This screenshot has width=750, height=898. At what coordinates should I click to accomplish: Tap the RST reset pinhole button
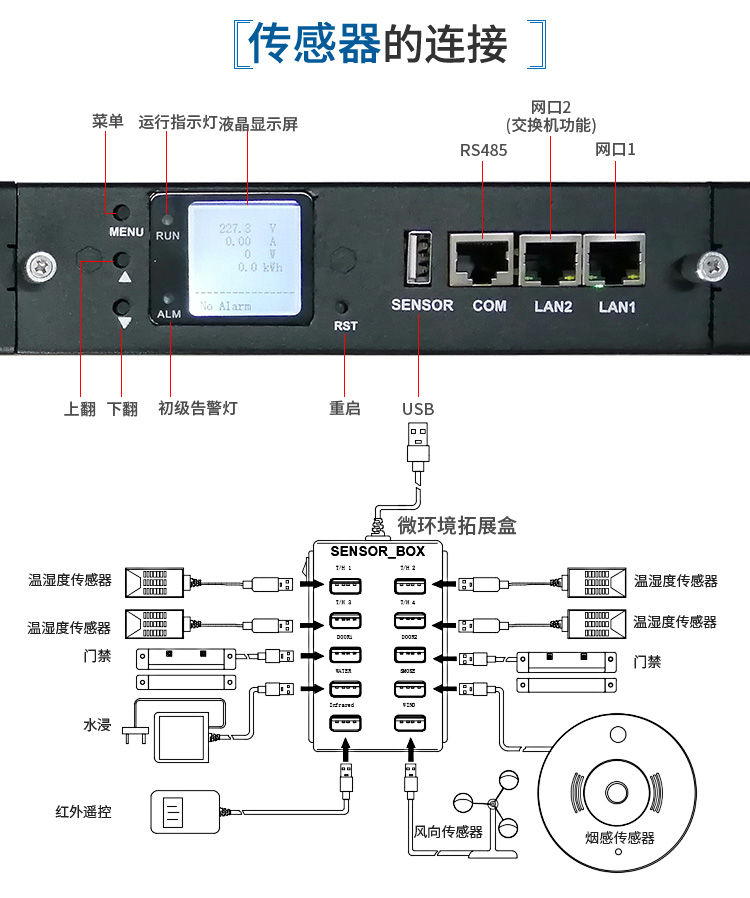[344, 306]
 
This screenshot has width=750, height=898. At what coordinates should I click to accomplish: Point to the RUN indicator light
[167, 217]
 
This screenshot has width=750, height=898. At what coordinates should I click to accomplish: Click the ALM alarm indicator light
[167, 299]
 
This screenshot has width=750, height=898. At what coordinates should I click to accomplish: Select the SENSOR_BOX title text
[377, 551]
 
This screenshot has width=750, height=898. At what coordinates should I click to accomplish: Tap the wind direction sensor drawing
[490, 807]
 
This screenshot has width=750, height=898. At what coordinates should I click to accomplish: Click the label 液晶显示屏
[258, 124]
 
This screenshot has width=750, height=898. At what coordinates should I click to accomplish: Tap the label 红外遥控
[83, 811]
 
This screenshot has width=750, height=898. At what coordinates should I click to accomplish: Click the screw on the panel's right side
[711, 267]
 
